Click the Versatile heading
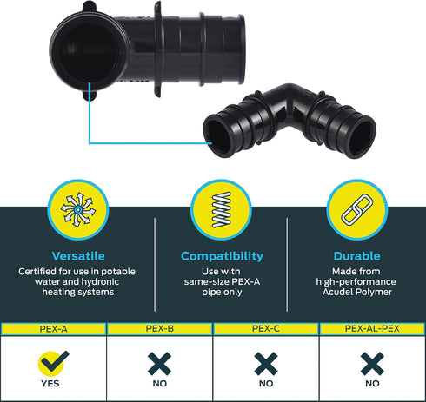[78, 256]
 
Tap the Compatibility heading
[222, 256]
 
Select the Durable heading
[356, 256]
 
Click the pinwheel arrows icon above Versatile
[78, 209]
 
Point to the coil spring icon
[222, 209]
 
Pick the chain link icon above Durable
[356, 209]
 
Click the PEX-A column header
[53, 329]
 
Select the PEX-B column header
[160, 329]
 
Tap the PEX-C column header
[266, 329]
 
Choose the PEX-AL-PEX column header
[372, 329]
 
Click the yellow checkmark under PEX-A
[53, 363]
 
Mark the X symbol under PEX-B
[159, 364]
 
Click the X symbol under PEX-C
[266, 364]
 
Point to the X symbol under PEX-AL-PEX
[372, 364]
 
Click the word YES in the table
[50, 384]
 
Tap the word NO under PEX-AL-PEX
[372, 384]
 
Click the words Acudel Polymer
[357, 292]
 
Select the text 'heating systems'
[78, 292]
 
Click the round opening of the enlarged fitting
[89, 51]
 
